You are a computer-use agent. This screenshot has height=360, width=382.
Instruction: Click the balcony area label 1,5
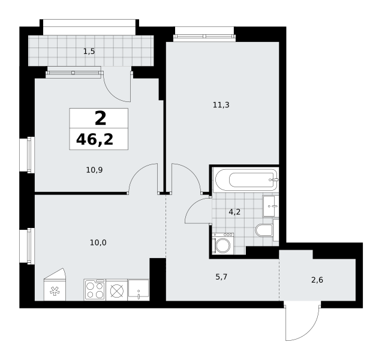click(x=89, y=52)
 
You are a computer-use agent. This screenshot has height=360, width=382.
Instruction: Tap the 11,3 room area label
click(x=221, y=105)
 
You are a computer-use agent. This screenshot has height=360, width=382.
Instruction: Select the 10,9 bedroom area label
click(x=94, y=170)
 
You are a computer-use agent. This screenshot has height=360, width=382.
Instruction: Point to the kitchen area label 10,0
click(x=98, y=243)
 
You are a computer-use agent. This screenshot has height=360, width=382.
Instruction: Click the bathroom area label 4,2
click(x=234, y=212)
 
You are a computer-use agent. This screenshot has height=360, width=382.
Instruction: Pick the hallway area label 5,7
click(x=221, y=277)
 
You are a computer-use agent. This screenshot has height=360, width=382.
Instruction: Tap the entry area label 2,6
click(x=317, y=280)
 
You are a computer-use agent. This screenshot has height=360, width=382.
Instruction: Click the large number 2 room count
click(x=100, y=118)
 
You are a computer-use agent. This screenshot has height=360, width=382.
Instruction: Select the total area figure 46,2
click(x=95, y=140)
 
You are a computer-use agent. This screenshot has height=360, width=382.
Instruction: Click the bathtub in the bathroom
click(x=246, y=180)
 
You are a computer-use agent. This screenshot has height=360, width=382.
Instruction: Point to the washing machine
click(x=222, y=244)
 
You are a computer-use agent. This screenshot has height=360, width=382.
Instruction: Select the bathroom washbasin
click(x=270, y=206)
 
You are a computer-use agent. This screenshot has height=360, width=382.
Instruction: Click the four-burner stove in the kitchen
click(x=95, y=290)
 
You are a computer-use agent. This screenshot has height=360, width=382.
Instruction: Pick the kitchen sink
click(x=139, y=290)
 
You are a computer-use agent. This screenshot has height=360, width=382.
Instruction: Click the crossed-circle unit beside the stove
click(x=117, y=290)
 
